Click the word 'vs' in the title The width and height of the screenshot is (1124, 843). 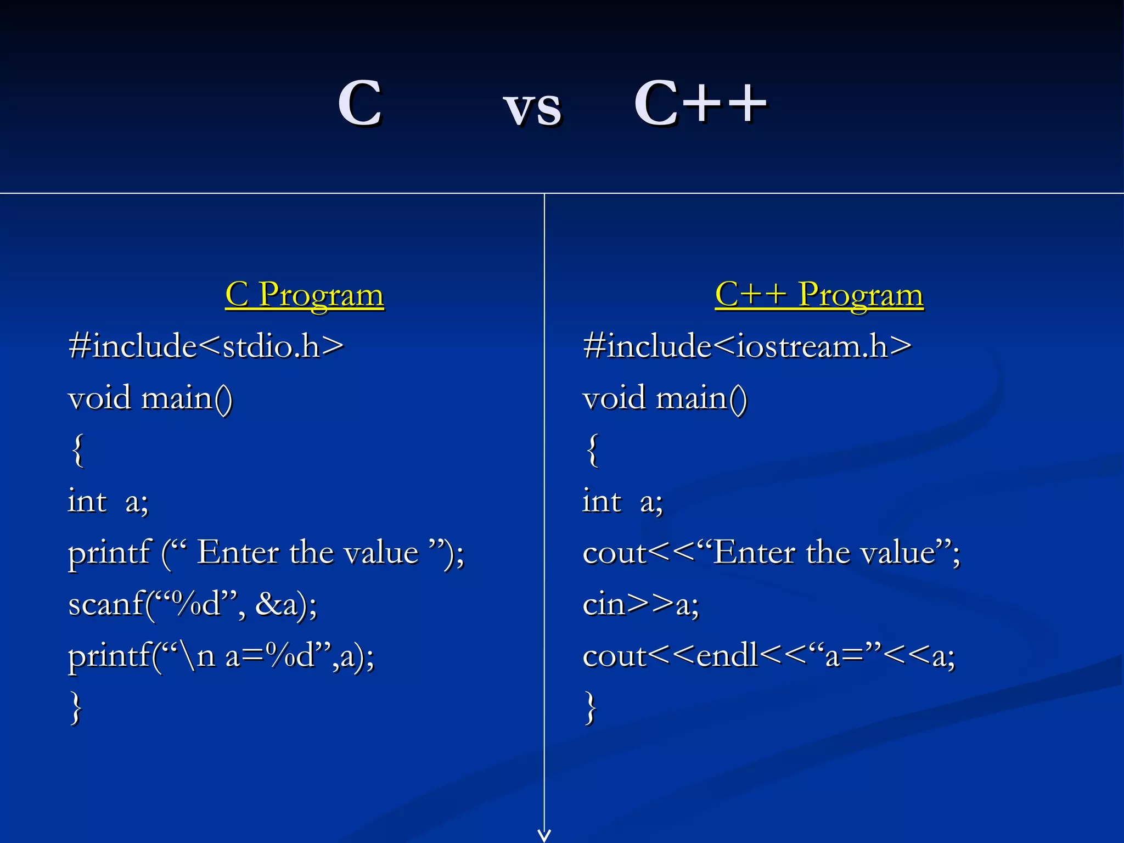click(x=532, y=108)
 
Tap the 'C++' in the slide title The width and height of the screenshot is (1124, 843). click(x=700, y=103)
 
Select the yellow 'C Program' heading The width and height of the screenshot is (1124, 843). click(x=305, y=295)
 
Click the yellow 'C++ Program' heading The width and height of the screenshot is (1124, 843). click(x=819, y=295)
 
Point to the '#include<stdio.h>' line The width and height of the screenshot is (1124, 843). click(x=206, y=346)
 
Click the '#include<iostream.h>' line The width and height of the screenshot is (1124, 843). click(x=747, y=346)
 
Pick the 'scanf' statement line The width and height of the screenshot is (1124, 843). click(x=193, y=604)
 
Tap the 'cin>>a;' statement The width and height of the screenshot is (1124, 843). click(x=640, y=604)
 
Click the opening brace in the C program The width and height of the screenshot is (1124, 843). click(x=78, y=450)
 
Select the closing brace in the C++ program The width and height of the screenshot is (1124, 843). click(x=591, y=708)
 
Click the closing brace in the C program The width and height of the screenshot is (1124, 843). click(x=77, y=708)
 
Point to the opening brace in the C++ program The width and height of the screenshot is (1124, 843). click(x=592, y=450)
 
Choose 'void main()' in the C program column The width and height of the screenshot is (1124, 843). click(x=150, y=398)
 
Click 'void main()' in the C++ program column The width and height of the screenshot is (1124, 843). click(x=665, y=398)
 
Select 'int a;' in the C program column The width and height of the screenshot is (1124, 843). click(x=108, y=501)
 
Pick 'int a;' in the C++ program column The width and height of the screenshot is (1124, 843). click(x=623, y=501)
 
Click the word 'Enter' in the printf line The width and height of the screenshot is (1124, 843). click(x=238, y=552)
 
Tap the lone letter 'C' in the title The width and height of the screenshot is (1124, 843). click(x=359, y=103)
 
